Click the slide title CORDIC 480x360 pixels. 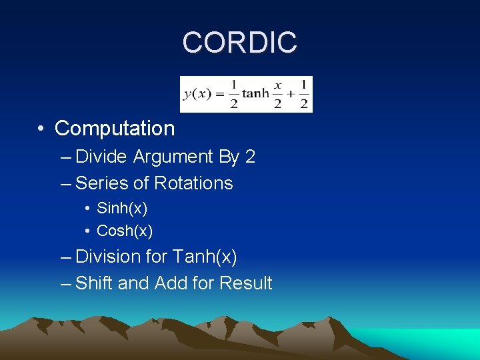(239, 43)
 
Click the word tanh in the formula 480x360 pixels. (255, 94)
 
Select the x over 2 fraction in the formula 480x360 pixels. (278, 94)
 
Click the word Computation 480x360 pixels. (114, 128)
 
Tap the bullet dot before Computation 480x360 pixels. (41, 129)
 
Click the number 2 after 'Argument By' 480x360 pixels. (250, 157)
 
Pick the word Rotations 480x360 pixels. (193, 183)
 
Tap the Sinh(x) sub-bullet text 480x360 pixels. (122, 209)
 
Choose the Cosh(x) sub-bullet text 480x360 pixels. (125, 231)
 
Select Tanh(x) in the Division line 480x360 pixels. (205, 257)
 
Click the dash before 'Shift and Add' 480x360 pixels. (64, 283)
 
